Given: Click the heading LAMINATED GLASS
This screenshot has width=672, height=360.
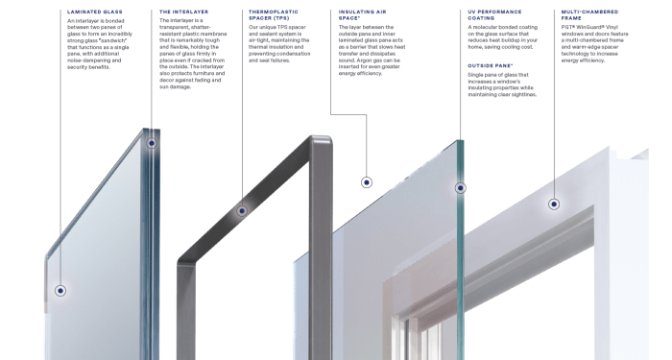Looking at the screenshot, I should pos(95,12).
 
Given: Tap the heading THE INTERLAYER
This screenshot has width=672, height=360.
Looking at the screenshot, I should pos(183,12).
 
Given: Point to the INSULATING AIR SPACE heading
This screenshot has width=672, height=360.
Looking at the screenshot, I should pos(364,15).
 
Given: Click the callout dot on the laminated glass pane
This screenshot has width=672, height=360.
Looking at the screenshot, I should pos(60,290).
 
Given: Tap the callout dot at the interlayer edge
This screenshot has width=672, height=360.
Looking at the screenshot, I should pos(153,142).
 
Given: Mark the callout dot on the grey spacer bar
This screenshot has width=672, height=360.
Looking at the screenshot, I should pos(241,211).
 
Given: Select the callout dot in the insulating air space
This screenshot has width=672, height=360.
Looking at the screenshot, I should pos(366,181).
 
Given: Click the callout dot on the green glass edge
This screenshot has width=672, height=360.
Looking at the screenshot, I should pos(460,188).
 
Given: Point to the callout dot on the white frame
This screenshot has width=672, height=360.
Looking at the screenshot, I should pos(553,204).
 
